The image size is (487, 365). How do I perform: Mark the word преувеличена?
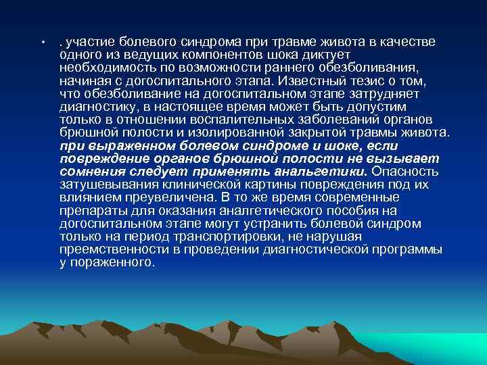pyautogui.click(x=162, y=197)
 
